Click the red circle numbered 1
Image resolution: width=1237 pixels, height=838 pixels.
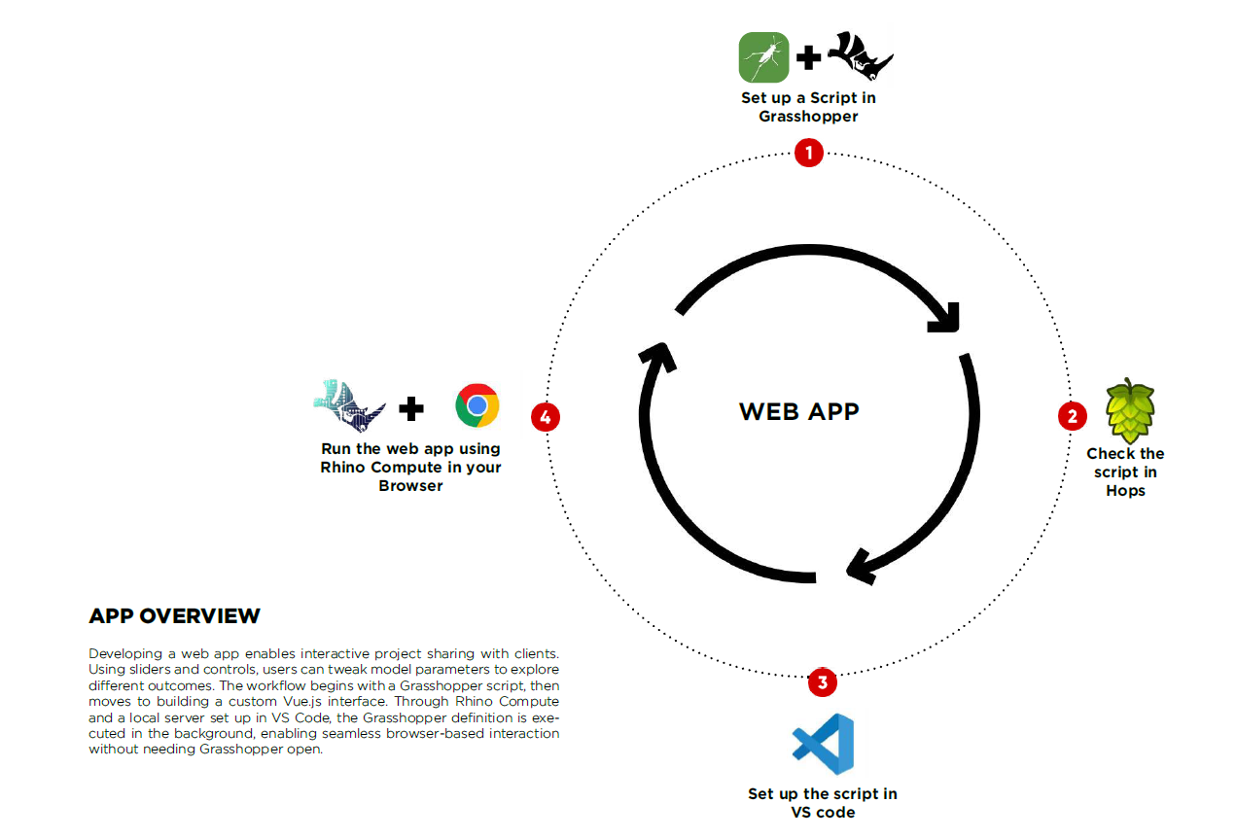coord(809,153)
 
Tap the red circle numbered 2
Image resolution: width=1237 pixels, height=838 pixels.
coord(1072,417)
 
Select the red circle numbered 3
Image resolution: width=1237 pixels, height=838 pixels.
coord(823,682)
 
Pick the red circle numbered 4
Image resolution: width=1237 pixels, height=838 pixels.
coord(545,417)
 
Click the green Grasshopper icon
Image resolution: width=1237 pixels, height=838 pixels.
coord(763,57)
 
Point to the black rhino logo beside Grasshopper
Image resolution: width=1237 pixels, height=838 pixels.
coord(860,55)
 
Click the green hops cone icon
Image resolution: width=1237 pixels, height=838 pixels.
coord(1130,409)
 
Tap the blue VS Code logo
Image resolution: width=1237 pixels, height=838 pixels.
coord(824,744)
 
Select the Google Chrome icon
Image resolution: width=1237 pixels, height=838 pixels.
coord(477,405)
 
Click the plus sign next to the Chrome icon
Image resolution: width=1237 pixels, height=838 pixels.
coord(411,408)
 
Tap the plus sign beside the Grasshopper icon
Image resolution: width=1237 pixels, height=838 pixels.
coord(808,58)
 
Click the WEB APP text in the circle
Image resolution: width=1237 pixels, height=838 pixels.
coord(799,411)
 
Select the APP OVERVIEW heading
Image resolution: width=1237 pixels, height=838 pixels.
coord(175,616)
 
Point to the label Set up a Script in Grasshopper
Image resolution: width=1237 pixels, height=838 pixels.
coord(808,107)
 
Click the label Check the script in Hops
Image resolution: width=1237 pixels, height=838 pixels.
coord(1125,472)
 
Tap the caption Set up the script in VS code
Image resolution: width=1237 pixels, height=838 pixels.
coord(823,803)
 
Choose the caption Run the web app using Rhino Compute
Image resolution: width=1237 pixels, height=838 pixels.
coord(410,467)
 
